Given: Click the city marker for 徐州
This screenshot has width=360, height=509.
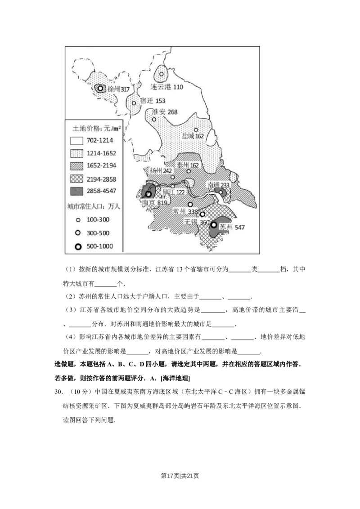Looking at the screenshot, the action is [x=100, y=88].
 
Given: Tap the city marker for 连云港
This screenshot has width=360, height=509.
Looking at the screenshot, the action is [x=162, y=74].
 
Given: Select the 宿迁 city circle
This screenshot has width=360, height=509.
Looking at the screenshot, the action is [x=134, y=103].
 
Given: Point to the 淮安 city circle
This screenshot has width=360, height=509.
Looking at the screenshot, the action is [x=154, y=120].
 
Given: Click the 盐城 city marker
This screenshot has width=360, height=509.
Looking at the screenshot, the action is [x=196, y=130].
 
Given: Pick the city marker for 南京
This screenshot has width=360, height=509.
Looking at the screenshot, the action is [x=148, y=194].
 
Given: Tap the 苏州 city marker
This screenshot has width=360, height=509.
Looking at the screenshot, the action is [x=214, y=225].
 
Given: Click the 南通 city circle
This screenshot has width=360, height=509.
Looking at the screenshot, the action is [x=220, y=192].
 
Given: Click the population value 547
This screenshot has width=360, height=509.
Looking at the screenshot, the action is [x=239, y=228].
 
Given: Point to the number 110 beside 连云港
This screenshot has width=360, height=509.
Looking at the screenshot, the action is [x=178, y=87].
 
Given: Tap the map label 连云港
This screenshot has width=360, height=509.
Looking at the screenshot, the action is [x=161, y=87].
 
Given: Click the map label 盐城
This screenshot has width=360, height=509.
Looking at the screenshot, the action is [x=188, y=135].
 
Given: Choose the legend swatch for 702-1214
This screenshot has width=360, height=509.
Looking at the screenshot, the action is [x=78, y=140].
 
